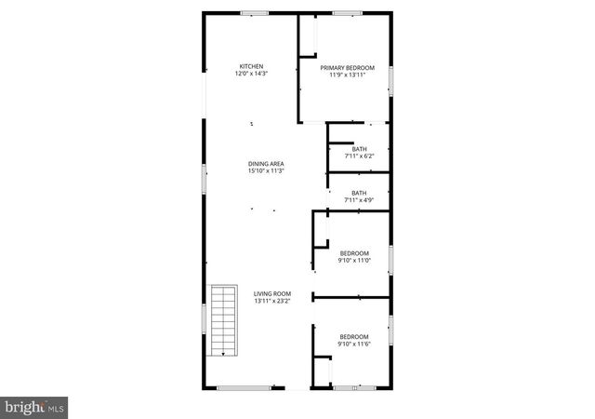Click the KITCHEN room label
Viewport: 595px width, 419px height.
(x=251, y=66)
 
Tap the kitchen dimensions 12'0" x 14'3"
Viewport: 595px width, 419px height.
(x=251, y=74)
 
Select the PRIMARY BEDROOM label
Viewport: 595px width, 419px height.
(x=348, y=68)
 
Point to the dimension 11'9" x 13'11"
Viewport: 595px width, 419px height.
(x=348, y=75)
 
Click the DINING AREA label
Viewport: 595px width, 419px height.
(x=265, y=164)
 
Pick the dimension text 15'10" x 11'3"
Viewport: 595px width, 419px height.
(x=265, y=171)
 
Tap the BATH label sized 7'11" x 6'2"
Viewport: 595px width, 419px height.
(x=359, y=149)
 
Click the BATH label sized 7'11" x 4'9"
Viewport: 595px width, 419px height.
(x=359, y=193)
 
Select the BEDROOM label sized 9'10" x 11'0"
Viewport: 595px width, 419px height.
(x=354, y=253)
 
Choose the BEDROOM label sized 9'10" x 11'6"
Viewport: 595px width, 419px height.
(x=354, y=337)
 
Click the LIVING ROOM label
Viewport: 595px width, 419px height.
(x=272, y=294)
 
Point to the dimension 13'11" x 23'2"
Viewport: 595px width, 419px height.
(x=272, y=302)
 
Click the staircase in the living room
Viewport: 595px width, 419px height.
(x=223, y=320)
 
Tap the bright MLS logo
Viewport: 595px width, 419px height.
(x=34, y=407)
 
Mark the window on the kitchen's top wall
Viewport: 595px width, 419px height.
(x=254, y=13)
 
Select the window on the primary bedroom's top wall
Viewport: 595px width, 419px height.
(x=347, y=13)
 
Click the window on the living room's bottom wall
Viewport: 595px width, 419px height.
(x=245, y=387)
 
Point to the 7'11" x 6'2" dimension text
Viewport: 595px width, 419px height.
(x=359, y=156)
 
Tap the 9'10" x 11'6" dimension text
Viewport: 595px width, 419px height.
(x=354, y=345)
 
